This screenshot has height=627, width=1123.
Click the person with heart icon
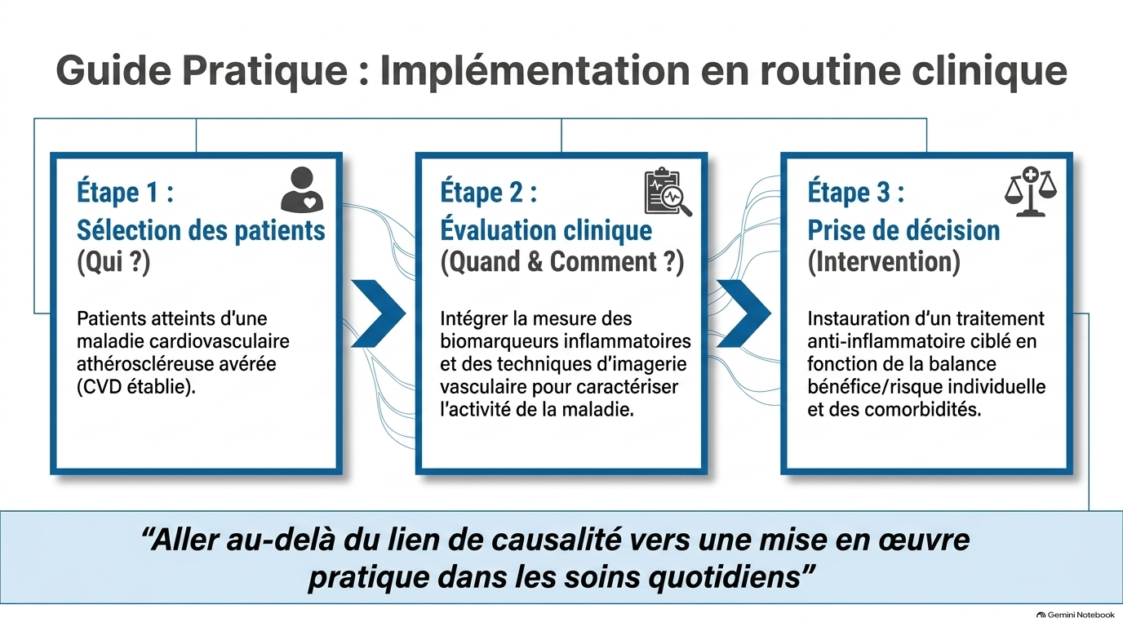tap(302, 189)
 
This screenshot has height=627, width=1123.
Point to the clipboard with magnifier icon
tap(668, 192)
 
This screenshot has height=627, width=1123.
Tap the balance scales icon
tap(1031, 191)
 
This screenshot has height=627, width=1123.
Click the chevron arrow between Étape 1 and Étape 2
tap(378, 313)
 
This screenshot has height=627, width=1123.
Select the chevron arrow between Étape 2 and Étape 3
tap(743, 313)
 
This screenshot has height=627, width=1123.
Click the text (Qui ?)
tap(113, 262)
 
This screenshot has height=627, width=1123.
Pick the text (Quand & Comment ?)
tap(562, 262)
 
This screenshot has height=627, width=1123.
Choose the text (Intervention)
tap(884, 262)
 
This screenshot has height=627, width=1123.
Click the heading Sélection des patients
tap(201, 230)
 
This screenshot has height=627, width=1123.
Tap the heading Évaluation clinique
tap(546, 230)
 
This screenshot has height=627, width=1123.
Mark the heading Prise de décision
tap(903, 230)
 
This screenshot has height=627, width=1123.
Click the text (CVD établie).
tap(135, 387)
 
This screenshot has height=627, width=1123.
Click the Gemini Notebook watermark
tap(1076, 615)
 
